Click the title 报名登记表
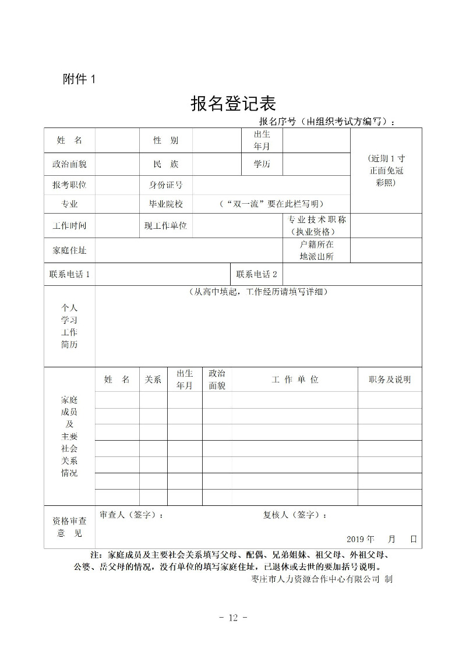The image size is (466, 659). [233, 104]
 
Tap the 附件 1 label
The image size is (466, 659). [79, 79]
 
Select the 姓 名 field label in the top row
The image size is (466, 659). [69, 140]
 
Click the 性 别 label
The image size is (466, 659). [165, 140]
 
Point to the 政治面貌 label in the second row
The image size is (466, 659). [69, 164]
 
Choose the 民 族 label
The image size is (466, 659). [165, 164]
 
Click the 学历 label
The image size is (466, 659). [262, 164]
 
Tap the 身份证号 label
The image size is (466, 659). [165, 185]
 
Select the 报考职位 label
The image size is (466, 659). [69, 185]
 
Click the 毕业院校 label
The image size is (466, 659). [165, 204]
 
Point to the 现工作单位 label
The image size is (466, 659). [165, 225]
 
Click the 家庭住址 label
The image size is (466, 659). [69, 250]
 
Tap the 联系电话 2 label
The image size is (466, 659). [256, 274]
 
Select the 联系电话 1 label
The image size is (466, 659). [70, 274]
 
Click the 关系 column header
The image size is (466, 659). [153, 380]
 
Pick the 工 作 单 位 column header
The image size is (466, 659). [295, 380]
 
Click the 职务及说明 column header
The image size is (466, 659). [390, 380]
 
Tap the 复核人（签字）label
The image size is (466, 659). [295, 515]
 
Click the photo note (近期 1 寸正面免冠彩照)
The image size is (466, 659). [386, 171]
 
